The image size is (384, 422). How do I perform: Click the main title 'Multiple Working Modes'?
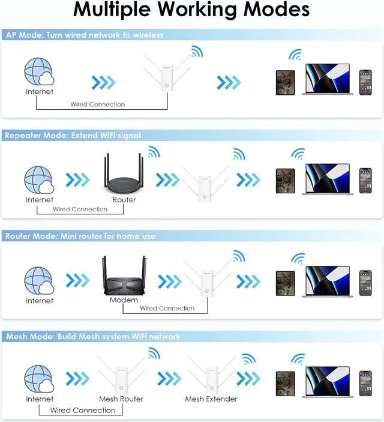pos(192,11)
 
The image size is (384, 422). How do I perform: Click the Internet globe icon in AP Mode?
pos(39,73)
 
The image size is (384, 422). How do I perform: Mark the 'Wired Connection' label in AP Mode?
pos(98,104)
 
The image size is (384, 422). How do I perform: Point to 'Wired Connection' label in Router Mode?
pos(167,309)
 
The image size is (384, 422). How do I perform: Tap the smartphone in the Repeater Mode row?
pos(365,181)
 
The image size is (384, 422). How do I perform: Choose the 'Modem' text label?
pos(124,300)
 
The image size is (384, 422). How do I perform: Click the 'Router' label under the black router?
pos(124,199)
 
